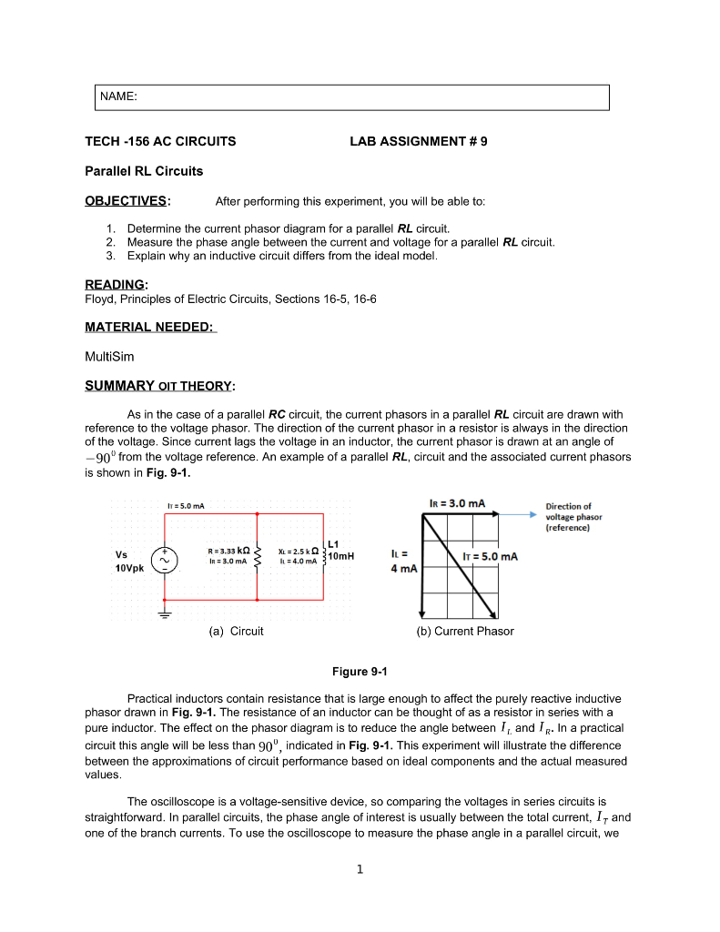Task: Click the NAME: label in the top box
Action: coord(120,96)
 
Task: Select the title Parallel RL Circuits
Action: coord(144,171)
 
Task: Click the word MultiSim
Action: coord(108,357)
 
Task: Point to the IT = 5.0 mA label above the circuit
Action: coord(186,505)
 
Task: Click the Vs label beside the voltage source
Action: coord(121,553)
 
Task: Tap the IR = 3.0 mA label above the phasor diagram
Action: coord(457,502)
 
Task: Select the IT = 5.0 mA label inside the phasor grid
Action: coord(491,556)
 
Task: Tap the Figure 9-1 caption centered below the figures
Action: coord(360,672)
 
